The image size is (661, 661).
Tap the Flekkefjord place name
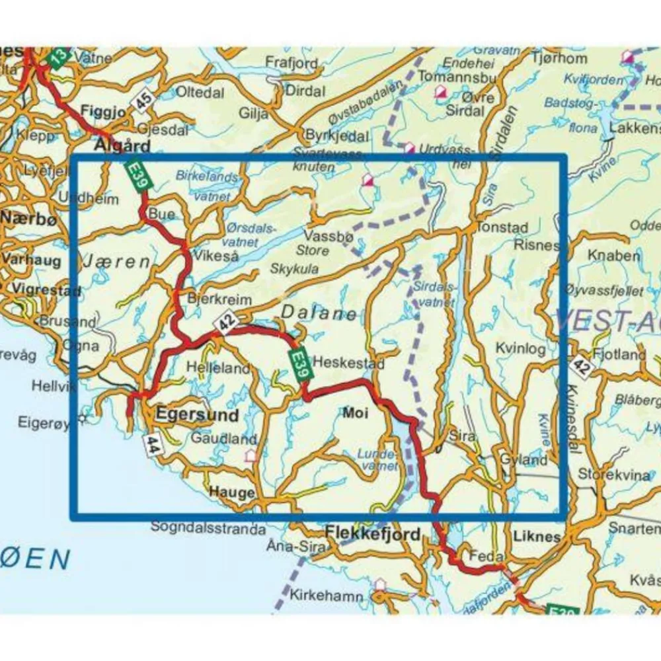[x=373, y=533]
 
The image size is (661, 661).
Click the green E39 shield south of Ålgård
[x=137, y=178]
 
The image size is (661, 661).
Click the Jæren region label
[x=116, y=262]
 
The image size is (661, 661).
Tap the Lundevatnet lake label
[x=377, y=460]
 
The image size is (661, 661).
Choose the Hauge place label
[x=231, y=492]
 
